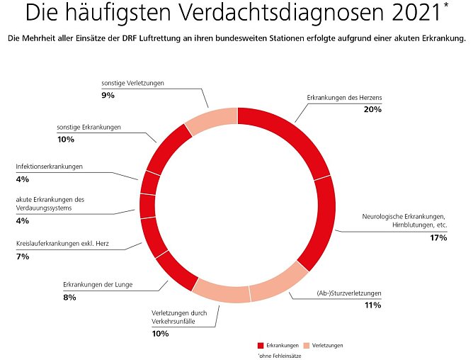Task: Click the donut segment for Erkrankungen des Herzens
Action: point(290,132)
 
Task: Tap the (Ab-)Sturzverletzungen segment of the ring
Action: point(277,284)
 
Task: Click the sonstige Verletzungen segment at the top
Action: point(211,120)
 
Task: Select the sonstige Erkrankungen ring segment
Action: point(168,147)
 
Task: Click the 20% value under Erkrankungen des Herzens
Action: point(372,109)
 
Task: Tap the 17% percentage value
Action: point(438,237)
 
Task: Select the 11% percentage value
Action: point(372,305)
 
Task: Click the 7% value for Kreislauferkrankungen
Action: point(23,257)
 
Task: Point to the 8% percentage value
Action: point(69,297)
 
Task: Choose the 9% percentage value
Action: point(108,95)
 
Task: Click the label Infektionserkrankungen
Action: point(50,167)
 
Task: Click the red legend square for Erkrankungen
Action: point(261,345)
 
